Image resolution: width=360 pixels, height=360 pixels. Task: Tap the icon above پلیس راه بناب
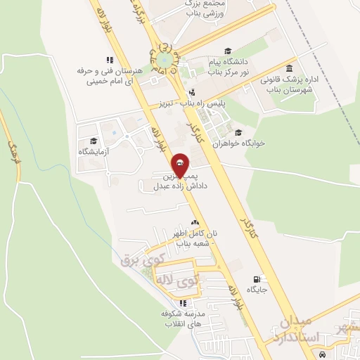(x=191, y=91)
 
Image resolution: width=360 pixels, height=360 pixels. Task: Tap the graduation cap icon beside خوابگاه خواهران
(x=238, y=133)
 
